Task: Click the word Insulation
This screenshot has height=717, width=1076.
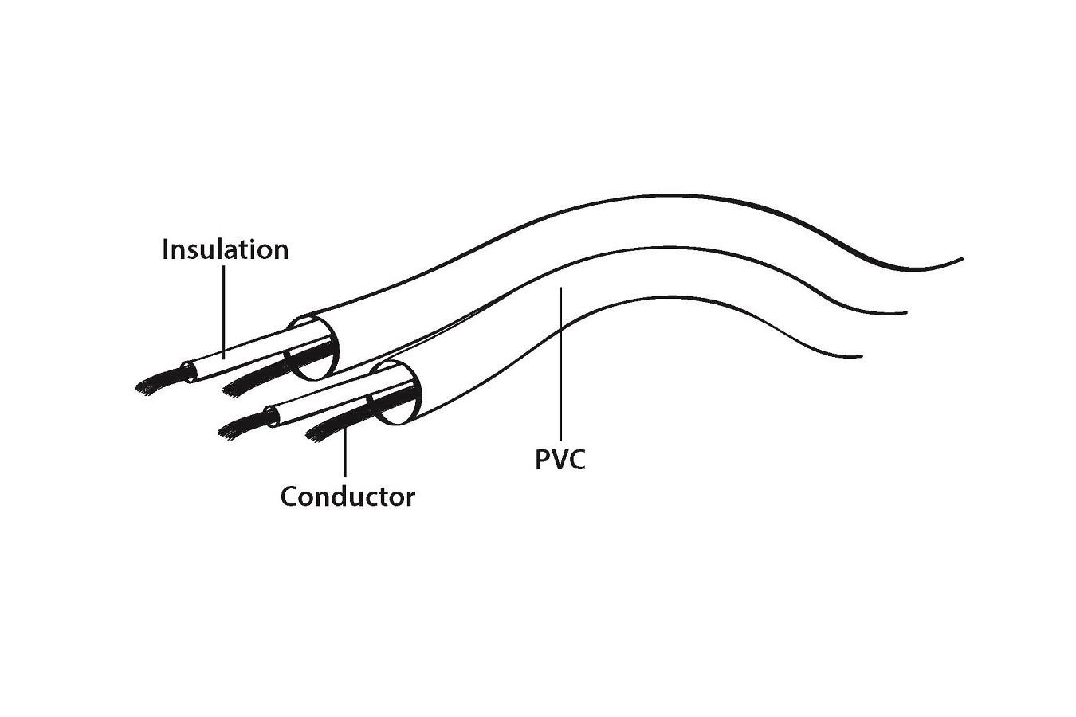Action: (225, 249)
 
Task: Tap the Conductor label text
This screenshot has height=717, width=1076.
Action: (348, 497)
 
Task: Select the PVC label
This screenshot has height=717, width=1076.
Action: (560, 460)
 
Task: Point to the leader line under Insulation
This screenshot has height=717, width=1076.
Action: (224, 311)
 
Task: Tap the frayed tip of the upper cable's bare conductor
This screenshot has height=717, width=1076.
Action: (234, 388)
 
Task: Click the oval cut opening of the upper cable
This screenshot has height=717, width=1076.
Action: (312, 347)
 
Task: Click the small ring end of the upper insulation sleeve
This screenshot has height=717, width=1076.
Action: (188, 370)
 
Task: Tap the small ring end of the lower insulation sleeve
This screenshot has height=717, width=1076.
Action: (272, 415)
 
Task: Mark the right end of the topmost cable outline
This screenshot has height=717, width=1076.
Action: (961, 260)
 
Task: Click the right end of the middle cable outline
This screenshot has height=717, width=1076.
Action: (905, 312)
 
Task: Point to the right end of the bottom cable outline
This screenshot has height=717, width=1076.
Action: (861, 355)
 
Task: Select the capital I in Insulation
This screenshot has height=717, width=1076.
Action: (166, 249)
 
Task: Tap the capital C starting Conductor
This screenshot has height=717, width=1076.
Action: (289, 497)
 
